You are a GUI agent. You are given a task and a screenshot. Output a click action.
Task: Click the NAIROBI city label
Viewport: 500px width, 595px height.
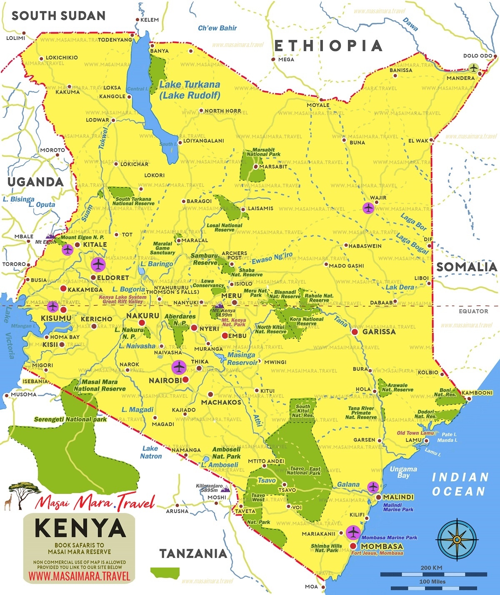point(165,380)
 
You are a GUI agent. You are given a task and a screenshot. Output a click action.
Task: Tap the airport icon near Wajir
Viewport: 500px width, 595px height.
point(368,208)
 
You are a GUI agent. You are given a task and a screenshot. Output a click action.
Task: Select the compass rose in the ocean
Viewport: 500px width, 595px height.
point(457,540)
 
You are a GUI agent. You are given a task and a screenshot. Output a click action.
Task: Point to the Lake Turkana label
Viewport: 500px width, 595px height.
point(190,89)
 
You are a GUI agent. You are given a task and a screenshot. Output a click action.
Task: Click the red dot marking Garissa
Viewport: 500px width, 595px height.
point(355,332)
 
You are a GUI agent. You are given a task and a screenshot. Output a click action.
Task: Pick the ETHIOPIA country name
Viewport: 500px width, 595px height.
point(328,46)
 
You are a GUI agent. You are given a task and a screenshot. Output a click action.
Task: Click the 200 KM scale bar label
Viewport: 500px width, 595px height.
point(431,568)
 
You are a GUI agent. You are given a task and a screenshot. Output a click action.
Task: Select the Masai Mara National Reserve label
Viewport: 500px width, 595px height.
point(100,385)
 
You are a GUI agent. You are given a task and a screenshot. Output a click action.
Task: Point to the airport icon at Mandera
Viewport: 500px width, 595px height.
point(473,68)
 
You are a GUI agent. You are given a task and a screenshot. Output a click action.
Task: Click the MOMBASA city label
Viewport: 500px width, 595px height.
point(382,546)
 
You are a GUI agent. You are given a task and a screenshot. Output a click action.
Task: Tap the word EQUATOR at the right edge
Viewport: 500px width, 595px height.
point(473,311)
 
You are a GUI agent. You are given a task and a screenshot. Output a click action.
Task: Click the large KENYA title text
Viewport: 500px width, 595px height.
point(80,528)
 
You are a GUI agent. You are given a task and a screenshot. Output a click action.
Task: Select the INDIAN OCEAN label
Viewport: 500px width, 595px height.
point(459,484)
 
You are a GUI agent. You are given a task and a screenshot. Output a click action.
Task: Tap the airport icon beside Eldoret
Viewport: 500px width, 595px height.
point(98,264)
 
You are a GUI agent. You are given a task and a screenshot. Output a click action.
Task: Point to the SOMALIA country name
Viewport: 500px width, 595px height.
point(467,267)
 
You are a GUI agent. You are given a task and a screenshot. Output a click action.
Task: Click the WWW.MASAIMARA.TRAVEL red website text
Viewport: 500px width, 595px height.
point(79,576)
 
